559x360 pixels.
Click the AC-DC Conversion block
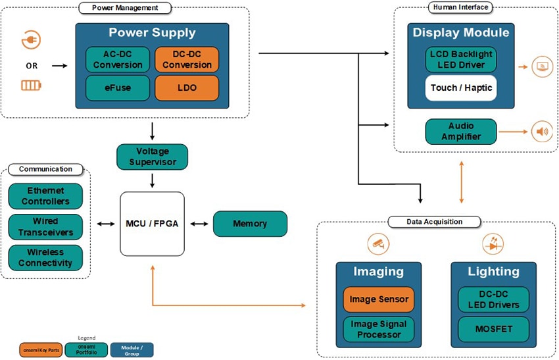pyautogui.click(x=118, y=60)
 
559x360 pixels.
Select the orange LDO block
pyautogui.click(x=187, y=88)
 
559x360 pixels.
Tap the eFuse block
pyautogui.click(x=118, y=88)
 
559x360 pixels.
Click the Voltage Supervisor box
pyautogui.click(x=152, y=157)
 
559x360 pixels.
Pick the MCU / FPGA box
pyautogui.click(x=152, y=224)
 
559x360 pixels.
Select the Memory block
pyautogui.click(x=250, y=224)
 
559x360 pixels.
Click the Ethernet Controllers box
pyautogui.click(x=45, y=196)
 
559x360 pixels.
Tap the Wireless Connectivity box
pyautogui.click(x=45, y=257)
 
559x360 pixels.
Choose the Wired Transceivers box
pyautogui.click(x=45, y=226)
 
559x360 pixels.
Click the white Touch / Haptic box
pyautogui.click(x=461, y=88)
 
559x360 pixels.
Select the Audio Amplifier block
pyautogui.click(x=461, y=132)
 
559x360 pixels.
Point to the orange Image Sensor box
pyautogui.click(x=379, y=299)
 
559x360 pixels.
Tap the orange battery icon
pyautogui.click(x=31, y=85)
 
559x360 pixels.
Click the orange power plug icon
pyautogui.click(x=31, y=40)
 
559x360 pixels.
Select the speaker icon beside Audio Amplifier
pyautogui.click(x=541, y=132)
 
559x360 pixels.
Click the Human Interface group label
pyautogui.click(x=460, y=7)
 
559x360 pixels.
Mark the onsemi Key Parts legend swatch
pyautogui.click(x=41, y=349)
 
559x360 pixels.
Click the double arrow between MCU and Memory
pyautogui.click(x=199, y=224)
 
